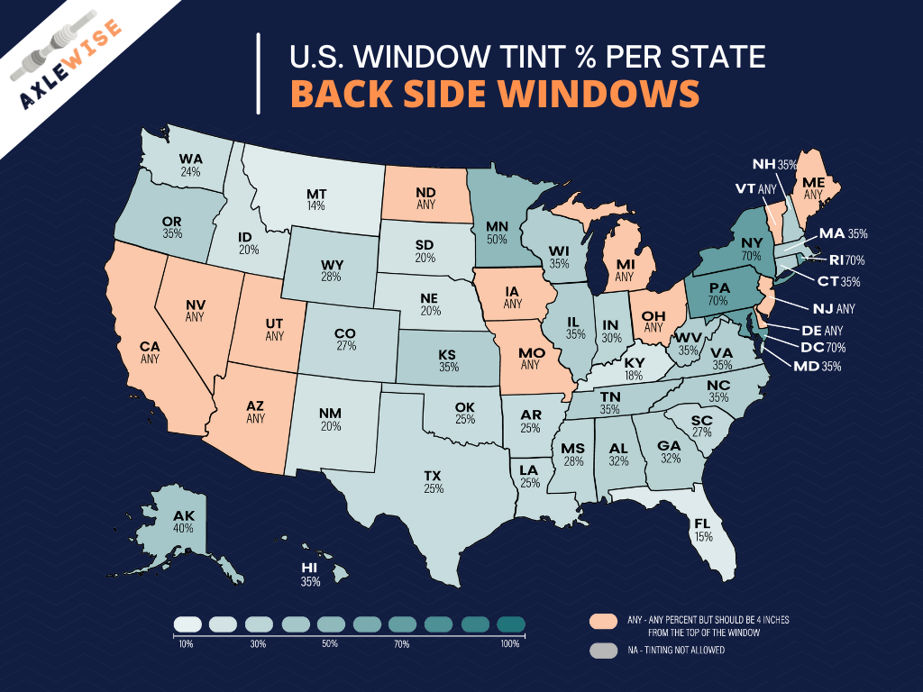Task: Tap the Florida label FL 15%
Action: pyautogui.click(x=702, y=529)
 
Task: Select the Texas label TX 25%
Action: pyautogui.click(x=433, y=481)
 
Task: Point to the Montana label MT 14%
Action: pyautogui.click(x=315, y=199)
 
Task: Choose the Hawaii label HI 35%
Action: pyautogui.click(x=310, y=575)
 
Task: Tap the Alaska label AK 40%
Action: pyautogui.click(x=184, y=522)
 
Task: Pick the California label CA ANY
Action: pyautogui.click(x=150, y=351)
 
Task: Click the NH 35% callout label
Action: pyautogui.click(x=775, y=164)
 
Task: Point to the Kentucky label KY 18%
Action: pyautogui.click(x=634, y=369)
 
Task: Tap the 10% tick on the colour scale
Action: pyautogui.click(x=186, y=643)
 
